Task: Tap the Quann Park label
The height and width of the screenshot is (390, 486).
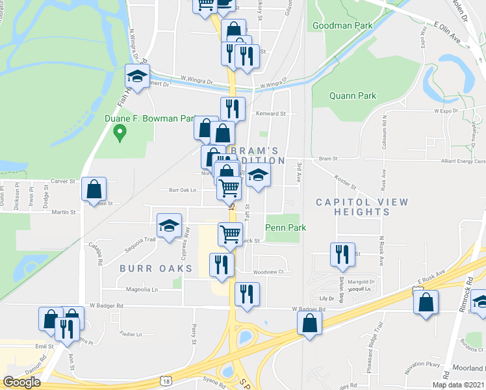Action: click(353, 96)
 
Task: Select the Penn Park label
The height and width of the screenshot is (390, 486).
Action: click(285, 227)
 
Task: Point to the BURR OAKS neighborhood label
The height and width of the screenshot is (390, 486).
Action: click(156, 268)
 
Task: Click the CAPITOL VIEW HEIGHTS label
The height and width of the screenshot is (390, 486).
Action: click(362, 207)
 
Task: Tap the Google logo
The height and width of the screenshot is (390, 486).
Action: click(21, 382)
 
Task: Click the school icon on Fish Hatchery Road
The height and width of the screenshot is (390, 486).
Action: click(138, 77)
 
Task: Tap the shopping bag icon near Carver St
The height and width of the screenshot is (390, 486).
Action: click(94, 188)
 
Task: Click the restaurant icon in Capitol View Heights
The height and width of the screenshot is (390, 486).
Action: click(342, 254)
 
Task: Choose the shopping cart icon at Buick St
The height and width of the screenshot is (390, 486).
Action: click(230, 234)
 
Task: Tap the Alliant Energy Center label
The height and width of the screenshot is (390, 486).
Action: click(462, 161)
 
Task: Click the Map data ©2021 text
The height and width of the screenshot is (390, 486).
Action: click(459, 385)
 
